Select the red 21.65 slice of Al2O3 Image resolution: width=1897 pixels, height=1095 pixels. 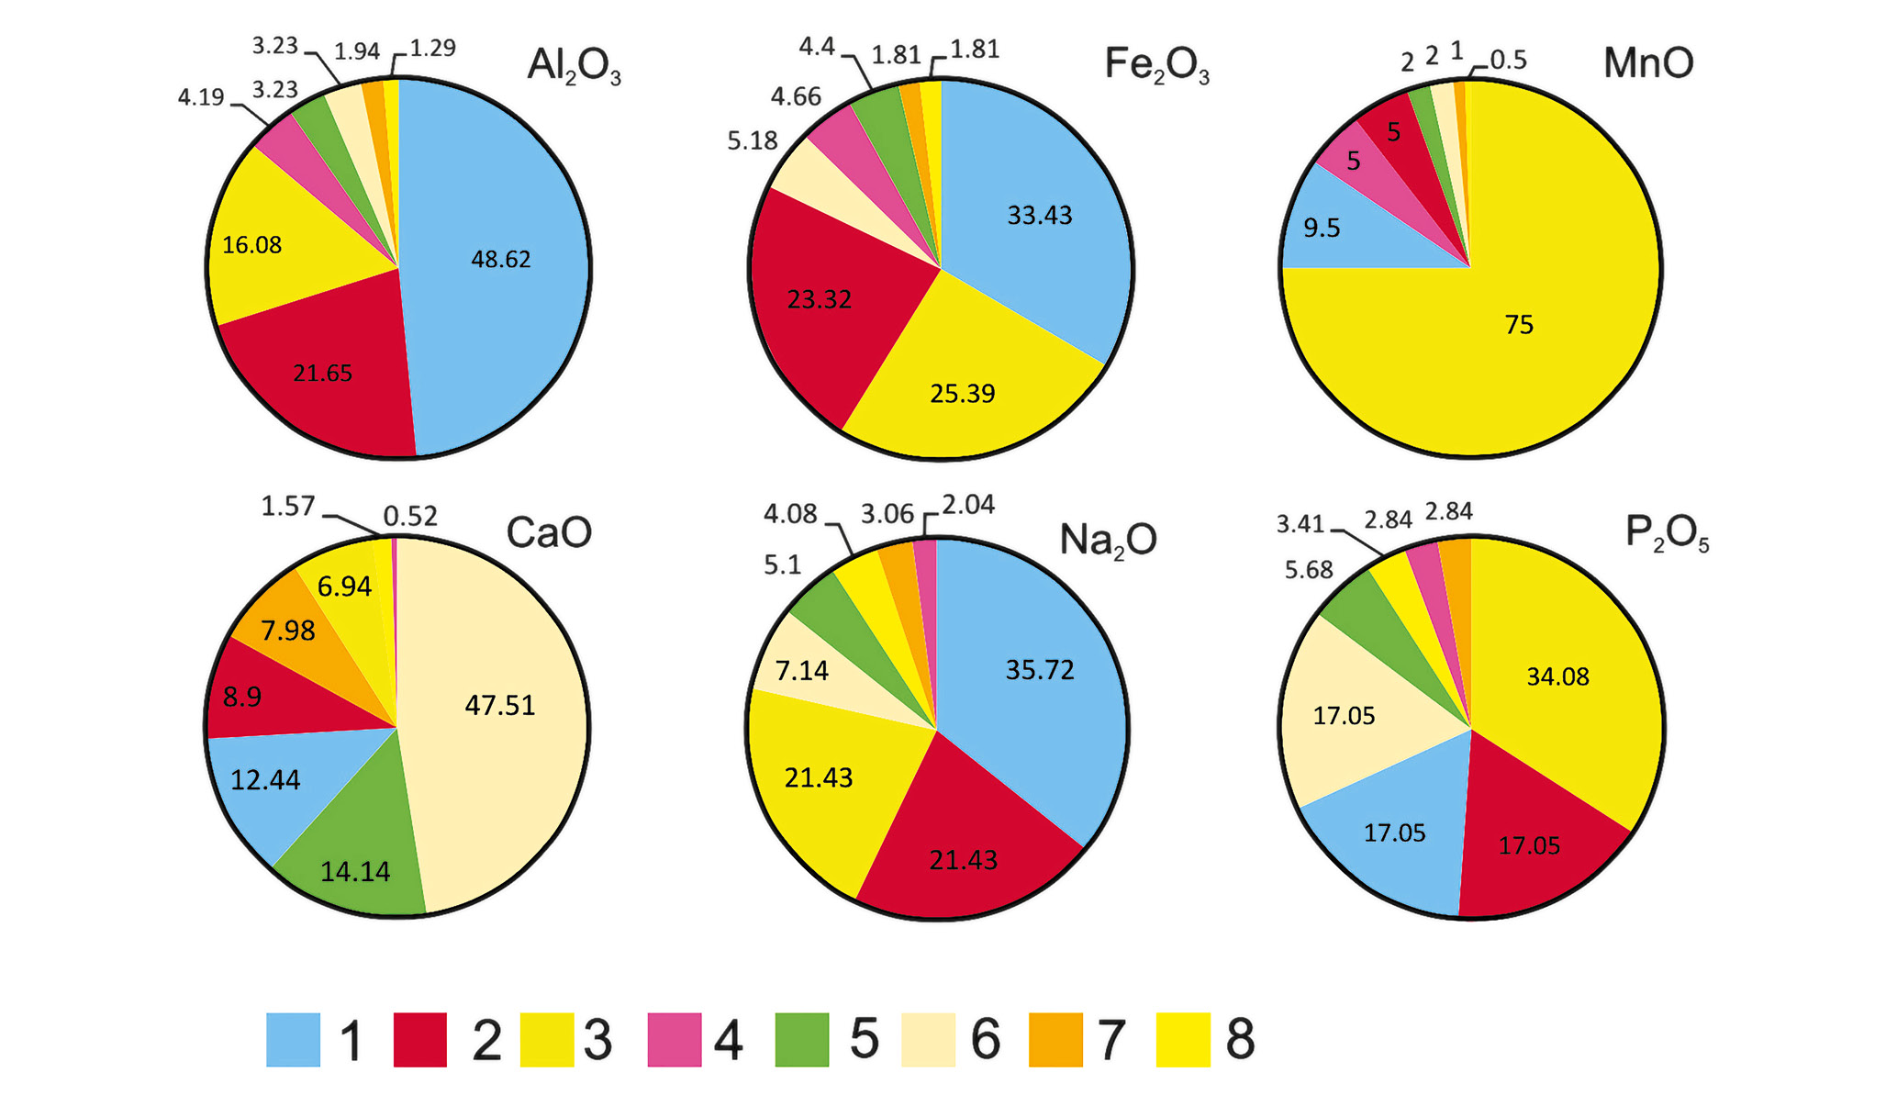click(x=321, y=376)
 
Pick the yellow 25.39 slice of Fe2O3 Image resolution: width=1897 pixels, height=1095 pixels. click(x=964, y=385)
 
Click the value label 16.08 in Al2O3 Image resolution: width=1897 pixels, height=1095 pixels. click(x=251, y=245)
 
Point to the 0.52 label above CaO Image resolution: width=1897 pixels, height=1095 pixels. click(x=410, y=517)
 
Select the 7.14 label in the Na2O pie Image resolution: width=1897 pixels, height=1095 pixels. click(x=801, y=672)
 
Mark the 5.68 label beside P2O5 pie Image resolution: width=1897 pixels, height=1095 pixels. click(x=1308, y=570)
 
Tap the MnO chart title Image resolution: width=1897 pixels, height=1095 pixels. click(x=1647, y=63)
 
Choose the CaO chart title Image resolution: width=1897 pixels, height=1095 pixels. click(x=549, y=532)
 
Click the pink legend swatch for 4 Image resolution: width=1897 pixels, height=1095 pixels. click(x=675, y=1040)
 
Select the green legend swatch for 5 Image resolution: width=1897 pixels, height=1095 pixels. click(x=801, y=1040)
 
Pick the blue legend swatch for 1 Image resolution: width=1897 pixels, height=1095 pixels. click(x=293, y=1040)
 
